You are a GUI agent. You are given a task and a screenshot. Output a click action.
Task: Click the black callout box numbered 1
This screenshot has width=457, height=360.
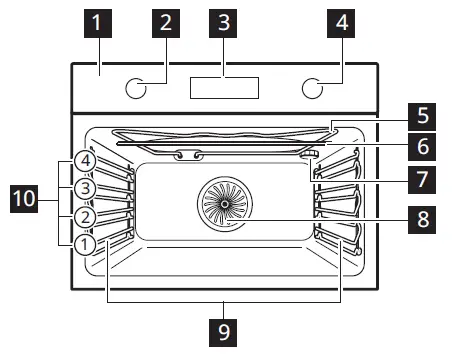pos(98,23)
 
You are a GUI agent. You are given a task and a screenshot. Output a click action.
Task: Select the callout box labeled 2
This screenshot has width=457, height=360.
pos(165,23)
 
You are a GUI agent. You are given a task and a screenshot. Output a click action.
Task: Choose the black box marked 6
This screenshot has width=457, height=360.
pos(423,147)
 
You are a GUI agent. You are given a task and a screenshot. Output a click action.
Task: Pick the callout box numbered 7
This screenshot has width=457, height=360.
pos(423,180)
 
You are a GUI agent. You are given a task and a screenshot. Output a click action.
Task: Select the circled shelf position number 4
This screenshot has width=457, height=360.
pos(86,161)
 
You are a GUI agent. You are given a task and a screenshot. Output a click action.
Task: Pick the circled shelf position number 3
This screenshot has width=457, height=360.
pos(86,187)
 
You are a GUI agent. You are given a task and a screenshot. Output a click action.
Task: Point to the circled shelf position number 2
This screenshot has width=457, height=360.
pos(86,215)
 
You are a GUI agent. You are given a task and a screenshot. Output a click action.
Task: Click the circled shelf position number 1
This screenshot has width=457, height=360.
pos(86,243)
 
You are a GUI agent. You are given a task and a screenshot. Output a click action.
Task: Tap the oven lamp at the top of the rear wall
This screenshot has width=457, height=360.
pos(187,155)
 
